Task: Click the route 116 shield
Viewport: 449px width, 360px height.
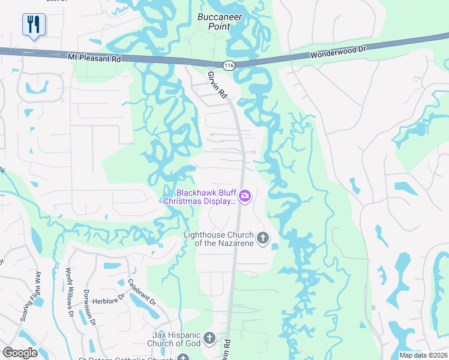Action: click(x=229, y=64)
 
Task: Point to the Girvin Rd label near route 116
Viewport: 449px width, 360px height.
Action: click(x=218, y=85)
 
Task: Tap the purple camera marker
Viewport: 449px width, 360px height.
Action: click(x=245, y=196)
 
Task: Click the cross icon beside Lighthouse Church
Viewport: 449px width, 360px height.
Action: click(x=262, y=239)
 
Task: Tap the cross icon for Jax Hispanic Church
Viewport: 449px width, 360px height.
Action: click(x=209, y=338)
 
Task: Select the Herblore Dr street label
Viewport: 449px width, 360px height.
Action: click(x=113, y=290)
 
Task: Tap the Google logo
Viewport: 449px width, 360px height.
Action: click(x=20, y=352)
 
